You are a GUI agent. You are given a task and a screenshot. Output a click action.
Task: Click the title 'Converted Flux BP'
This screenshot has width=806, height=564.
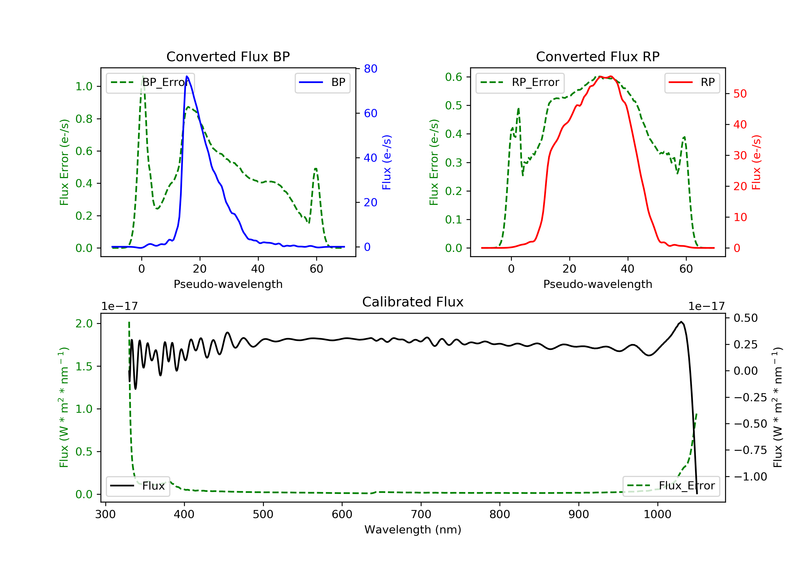(x=228, y=56)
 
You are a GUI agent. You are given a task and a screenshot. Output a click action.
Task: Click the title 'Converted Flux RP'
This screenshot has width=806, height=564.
(x=598, y=56)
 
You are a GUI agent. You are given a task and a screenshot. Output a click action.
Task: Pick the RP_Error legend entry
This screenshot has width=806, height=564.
(x=520, y=82)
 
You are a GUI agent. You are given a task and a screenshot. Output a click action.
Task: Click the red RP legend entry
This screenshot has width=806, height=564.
(x=692, y=82)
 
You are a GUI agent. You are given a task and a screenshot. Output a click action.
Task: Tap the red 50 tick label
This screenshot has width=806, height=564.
(x=740, y=94)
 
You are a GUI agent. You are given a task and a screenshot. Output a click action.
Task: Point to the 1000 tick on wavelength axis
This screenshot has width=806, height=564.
(x=657, y=515)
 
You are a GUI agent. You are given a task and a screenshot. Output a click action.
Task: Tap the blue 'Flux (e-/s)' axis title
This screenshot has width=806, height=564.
(x=387, y=162)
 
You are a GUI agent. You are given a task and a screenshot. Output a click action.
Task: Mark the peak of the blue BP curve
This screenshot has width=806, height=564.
(x=187, y=77)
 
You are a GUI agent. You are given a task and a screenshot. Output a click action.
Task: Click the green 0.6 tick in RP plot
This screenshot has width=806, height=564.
(x=454, y=77)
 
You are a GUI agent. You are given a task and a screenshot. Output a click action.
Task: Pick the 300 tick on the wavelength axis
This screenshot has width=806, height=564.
(x=105, y=515)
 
